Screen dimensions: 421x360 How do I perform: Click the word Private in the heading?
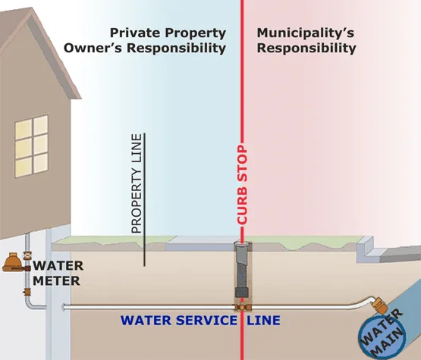coord(136,33)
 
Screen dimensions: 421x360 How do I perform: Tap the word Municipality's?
coord(306,33)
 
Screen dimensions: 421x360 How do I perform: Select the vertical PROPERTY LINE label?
coord(137,183)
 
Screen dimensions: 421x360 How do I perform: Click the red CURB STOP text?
coord(242,185)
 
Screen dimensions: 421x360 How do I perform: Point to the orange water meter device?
coord(14,262)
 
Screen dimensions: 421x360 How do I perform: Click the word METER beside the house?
coord(56,281)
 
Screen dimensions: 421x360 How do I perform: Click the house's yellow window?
coord(32,146)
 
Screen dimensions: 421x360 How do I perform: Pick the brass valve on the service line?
coord(243,306)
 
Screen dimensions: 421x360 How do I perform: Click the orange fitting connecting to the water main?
coord(379,305)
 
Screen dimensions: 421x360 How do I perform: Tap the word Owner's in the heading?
coord(93,48)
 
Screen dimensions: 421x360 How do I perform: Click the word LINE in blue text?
coord(264,321)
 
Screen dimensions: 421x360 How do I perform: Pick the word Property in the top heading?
coord(196,33)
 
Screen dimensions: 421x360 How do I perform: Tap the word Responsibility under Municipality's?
coord(306,49)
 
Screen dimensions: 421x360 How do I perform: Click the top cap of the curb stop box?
coord(242,243)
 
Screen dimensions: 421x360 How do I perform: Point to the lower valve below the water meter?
coord(27,291)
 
